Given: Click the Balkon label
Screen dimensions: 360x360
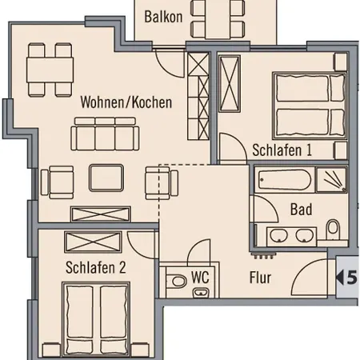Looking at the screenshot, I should click(164, 16).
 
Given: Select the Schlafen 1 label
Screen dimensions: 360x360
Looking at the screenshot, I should click(282, 150).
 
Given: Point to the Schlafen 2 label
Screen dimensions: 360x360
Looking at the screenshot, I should click(96, 269).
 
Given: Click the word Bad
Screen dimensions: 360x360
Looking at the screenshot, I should click(301, 210).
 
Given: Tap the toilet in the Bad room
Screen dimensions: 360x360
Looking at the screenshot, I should click(333, 231).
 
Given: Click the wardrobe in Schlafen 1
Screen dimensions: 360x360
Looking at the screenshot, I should click(230, 85).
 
